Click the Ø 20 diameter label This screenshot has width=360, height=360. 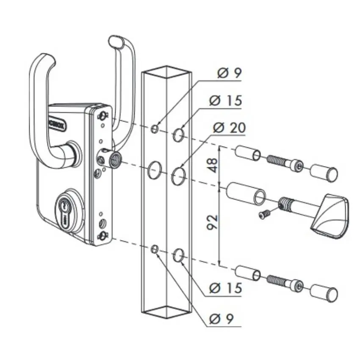click(x=229, y=128)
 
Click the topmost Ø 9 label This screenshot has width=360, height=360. click(x=229, y=73)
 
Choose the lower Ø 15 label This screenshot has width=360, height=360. click(x=226, y=288)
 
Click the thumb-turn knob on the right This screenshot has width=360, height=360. click(x=331, y=213)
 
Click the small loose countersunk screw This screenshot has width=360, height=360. click(x=263, y=215)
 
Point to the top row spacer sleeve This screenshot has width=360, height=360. click(x=248, y=153)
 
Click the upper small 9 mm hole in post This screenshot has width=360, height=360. click(x=155, y=128)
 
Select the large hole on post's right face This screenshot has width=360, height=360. click(x=178, y=174)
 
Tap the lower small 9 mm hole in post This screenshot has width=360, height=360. click(x=155, y=249)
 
